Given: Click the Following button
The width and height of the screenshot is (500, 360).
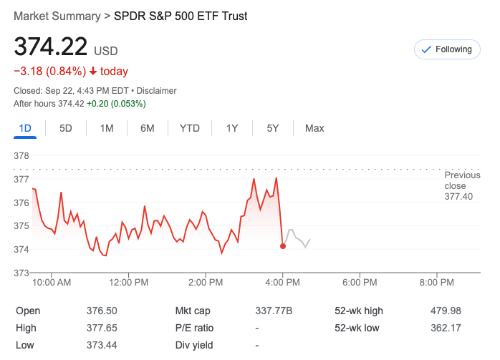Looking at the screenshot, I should pos(446,49).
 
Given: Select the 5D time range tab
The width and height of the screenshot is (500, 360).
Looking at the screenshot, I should pos(66,128).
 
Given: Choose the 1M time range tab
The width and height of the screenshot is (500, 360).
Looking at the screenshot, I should pos(107,128).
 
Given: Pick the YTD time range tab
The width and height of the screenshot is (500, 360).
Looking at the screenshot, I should pos(189,128).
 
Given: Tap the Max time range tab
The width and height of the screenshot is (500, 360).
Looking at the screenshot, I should pos(314,128).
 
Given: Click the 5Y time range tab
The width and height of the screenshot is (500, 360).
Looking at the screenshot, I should pos(273,128).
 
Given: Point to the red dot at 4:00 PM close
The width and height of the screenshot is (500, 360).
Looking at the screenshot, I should pos(283,246).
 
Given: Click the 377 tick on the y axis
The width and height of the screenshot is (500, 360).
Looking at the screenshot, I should pos(22,179).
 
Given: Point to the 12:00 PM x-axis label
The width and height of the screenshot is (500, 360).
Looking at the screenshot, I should pos(129,283).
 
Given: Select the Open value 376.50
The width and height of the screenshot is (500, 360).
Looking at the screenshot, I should pos(102,311).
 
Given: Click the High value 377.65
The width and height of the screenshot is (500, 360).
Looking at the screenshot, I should pos(102,328).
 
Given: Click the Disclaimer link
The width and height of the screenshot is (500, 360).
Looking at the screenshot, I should pos(156,91).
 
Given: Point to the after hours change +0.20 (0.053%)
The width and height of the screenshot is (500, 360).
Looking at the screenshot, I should pos(116,104).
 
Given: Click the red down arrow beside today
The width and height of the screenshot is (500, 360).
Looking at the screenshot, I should pos(93,72).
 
